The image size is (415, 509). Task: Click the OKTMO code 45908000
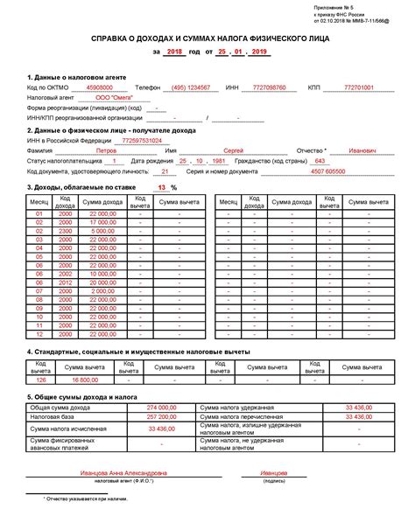pyautogui.click(x=99, y=88)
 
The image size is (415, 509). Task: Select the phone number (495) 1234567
pyautogui.click(x=190, y=88)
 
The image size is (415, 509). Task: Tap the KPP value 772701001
pyautogui.click(x=359, y=88)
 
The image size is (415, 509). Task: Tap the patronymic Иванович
pyautogui.click(x=362, y=150)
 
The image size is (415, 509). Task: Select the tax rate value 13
pyautogui.click(x=161, y=187)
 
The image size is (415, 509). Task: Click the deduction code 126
pyautogui.click(x=39, y=380)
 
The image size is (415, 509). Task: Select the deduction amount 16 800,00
pyautogui.click(x=86, y=380)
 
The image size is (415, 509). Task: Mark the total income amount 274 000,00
pyautogui.click(x=163, y=408)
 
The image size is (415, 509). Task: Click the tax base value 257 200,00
pyautogui.click(x=163, y=418)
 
